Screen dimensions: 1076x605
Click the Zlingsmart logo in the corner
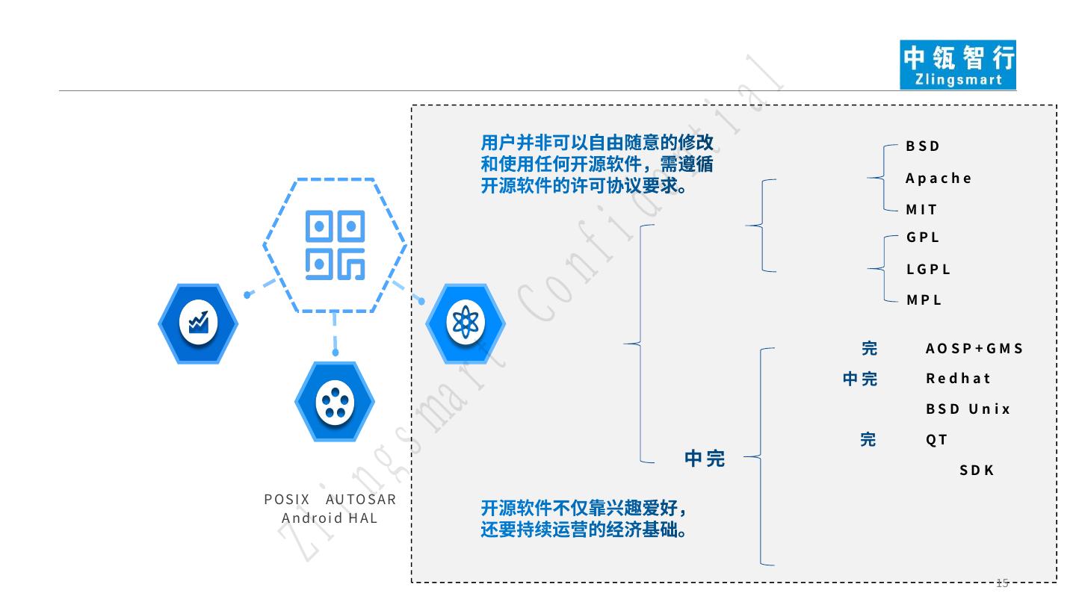[959, 65]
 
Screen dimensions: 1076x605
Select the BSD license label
[923, 146]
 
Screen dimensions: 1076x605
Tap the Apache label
[939, 179]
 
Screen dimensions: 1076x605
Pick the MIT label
[921, 210]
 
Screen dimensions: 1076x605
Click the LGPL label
[929, 270]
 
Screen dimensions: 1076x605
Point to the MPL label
[924, 300]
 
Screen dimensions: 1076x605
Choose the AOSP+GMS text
[974, 349]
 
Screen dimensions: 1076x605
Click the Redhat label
[958, 378]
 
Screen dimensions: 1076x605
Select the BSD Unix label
[968, 409]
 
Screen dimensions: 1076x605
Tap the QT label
[936, 440]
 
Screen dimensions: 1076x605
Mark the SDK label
[977, 471]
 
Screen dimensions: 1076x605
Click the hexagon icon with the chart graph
[198, 323]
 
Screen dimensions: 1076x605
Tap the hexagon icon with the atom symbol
[465, 323]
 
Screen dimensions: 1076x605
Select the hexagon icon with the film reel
[334, 403]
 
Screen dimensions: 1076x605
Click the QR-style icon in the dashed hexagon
[335, 245]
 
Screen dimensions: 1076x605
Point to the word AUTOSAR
[361, 500]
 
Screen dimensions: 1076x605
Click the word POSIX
[287, 500]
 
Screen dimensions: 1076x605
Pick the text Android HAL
[330, 518]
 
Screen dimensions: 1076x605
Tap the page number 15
[1002, 583]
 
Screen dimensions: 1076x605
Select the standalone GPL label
[923, 238]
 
